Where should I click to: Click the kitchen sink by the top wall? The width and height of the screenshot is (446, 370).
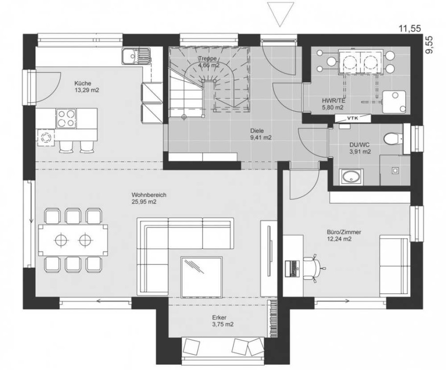(136, 56)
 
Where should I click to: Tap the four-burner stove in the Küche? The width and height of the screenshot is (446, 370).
(67, 118)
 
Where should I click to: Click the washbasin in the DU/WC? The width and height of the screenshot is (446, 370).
(351, 176)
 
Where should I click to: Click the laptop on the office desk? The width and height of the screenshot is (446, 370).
(292, 268)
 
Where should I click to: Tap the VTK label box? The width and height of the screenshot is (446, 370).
(353, 118)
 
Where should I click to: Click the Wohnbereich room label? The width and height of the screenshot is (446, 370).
(149, 195)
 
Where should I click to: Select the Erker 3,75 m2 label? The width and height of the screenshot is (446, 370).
(223, 321)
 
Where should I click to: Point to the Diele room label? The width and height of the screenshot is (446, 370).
(257, 131)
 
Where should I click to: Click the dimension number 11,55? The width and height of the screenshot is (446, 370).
(410, 28)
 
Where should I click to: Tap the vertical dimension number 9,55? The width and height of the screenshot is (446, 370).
(429, 44)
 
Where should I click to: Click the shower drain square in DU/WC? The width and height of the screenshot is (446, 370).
(395, 170)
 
